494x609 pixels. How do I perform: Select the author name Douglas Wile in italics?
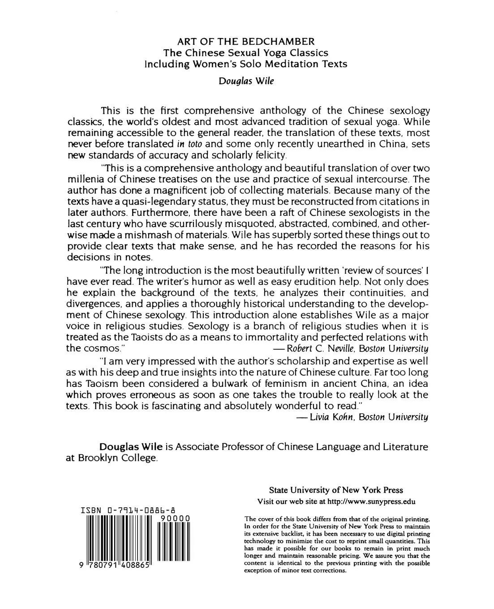point(246,81)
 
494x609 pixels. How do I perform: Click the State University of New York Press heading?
point(335,490)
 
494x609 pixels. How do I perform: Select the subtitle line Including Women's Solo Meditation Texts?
point(245,64)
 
